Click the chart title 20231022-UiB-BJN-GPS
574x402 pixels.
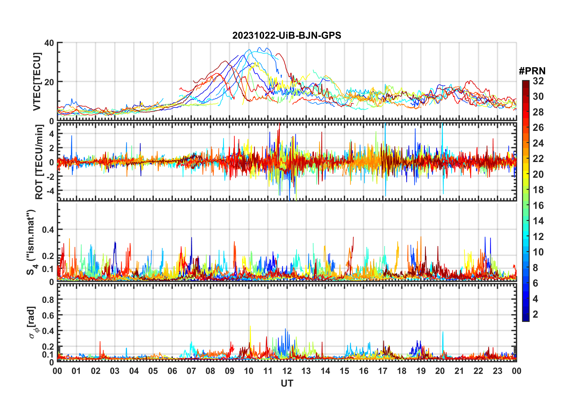click(x=287, y=36)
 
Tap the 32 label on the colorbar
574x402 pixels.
click(x=538, y=81)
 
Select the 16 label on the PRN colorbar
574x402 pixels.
click(x=538, y=206)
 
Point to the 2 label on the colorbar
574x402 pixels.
click(x=535, y=314)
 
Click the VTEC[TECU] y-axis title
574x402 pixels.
click(x=37, y=82)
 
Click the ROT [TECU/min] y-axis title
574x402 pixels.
click(x=39, y=162)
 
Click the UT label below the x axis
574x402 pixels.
click(x=287, y=384)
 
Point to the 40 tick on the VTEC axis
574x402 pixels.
click(x=49, y=43)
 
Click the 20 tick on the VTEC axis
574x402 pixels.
click(x=49, y=82)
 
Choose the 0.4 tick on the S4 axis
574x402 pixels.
click(x=48, y=230)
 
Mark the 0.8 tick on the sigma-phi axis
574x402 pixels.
click(x=48, y=300)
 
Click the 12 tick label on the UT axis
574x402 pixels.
click(x=287, y=371)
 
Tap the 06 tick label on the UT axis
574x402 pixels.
click(x=172, y=371)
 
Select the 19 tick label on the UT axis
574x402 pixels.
click(x=421, y=371)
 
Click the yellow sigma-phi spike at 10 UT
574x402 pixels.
click(x=250, y=327)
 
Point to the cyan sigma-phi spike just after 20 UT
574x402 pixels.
click(x=443, y=333)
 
